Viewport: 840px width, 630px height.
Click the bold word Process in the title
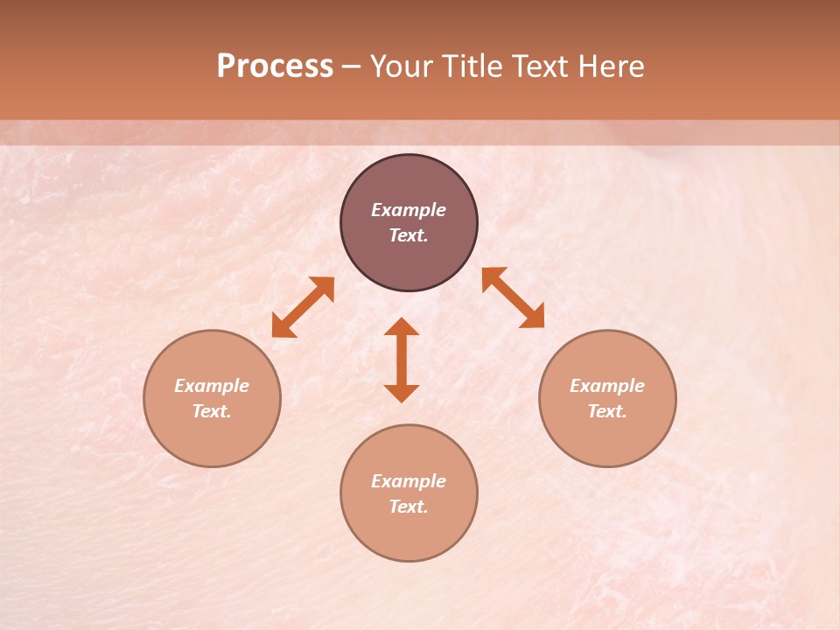275,66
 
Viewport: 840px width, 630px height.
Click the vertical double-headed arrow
402,360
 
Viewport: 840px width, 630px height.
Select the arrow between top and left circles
303,307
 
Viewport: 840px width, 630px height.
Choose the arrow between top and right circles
513,297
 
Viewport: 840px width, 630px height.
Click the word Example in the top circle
409,210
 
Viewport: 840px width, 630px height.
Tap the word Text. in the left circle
212,411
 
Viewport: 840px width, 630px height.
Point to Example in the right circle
607,386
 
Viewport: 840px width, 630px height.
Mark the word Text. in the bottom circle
409,507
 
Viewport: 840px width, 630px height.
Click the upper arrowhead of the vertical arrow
402,327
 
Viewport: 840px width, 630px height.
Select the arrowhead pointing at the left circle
282,328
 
